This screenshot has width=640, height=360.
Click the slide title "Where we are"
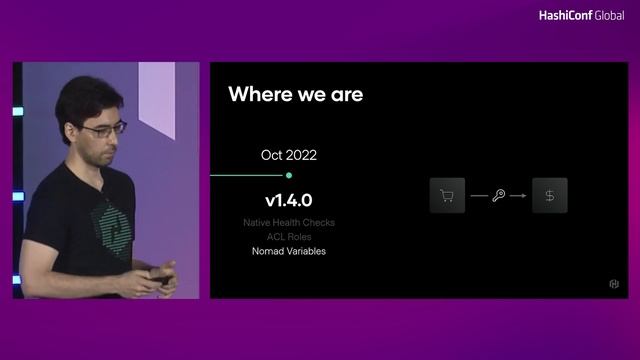tap(295, 95)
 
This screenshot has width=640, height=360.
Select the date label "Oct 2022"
tap(289, 155)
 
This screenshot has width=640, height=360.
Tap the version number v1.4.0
tap(289, 200)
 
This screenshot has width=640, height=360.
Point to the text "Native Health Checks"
tap(289, 222)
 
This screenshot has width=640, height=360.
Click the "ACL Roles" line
tap(289, 237)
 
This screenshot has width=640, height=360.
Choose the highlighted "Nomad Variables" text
tap(289, 251)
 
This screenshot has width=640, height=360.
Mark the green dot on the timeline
tap(289, 175)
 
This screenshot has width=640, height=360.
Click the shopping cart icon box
tap(447, 195)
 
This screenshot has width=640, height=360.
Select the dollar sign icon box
tap(550, 195)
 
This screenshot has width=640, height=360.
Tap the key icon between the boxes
tap(498, 195)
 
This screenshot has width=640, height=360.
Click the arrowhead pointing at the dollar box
tap(523, 195)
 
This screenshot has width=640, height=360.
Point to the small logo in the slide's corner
tap(614, 285)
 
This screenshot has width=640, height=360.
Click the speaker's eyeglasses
tap(105, 129)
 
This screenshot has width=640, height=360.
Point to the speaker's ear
tap(70, 135)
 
